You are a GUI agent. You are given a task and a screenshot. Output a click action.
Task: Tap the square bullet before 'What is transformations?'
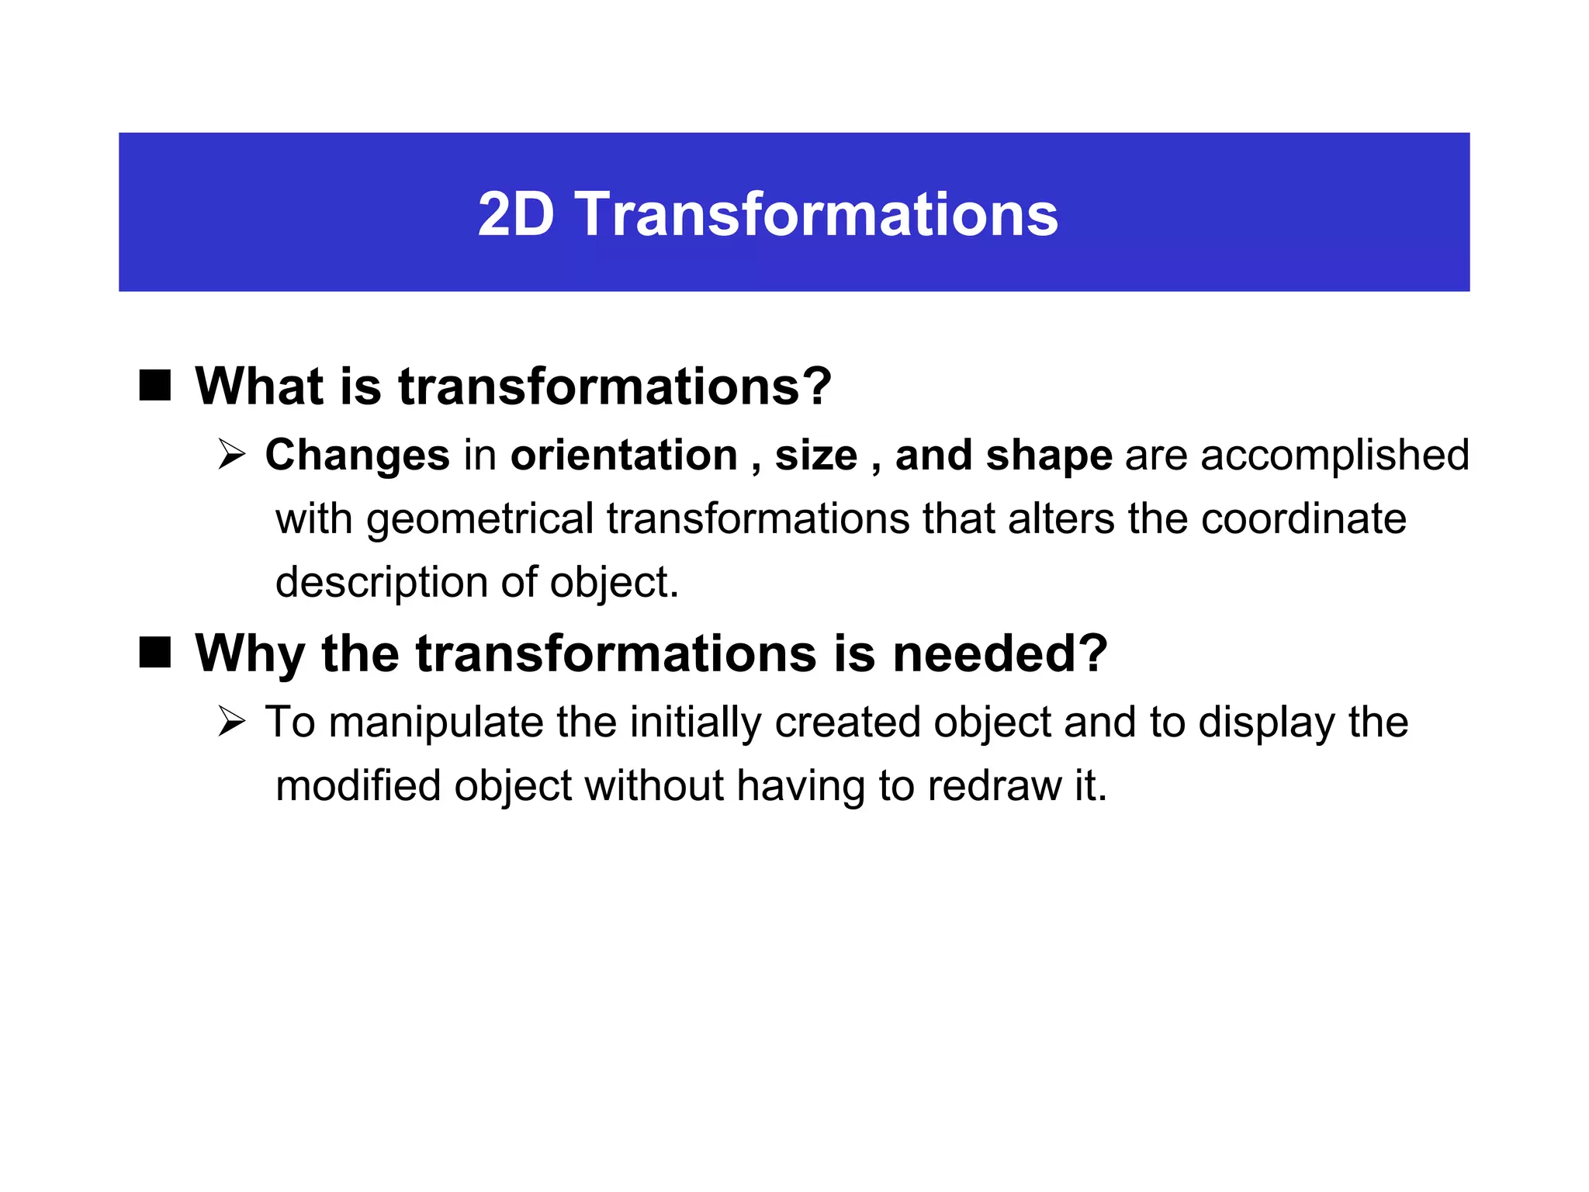coord(155,385)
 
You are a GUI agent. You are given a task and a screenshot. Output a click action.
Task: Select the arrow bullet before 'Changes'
coord(231,454)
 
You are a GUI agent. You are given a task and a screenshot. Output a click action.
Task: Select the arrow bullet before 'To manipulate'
coord(231,722)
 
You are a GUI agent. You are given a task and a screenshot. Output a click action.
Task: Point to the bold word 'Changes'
coord(357,455)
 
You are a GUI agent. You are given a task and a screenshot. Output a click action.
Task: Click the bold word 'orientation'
coord(624,455)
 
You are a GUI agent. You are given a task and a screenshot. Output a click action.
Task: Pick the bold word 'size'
coord(815,455)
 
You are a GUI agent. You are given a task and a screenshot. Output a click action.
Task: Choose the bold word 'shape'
coord(1048,455)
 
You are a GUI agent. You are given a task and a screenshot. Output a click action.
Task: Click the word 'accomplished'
coord(1335,455)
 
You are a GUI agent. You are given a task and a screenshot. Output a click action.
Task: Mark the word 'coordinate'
coord(1303,518)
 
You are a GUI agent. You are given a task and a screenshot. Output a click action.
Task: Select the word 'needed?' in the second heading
coord(1000,653)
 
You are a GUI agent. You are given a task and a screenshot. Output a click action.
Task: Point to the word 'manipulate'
coord(435,722)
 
